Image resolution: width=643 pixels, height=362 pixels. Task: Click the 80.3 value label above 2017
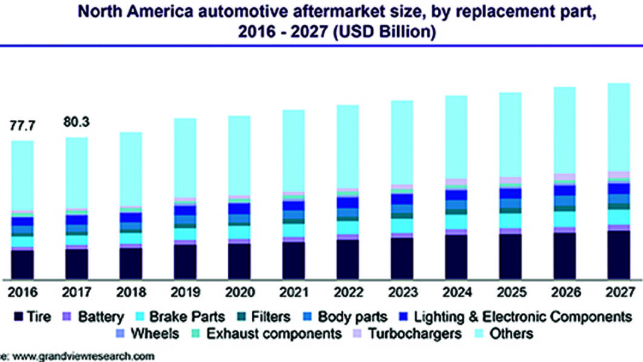click(x=76, y=122)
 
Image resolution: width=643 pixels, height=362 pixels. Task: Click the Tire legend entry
click(x=33, y=316)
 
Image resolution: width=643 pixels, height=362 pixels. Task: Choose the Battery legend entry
click(x=94, y=316)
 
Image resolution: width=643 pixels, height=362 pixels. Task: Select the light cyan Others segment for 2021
click(x=293, y=151)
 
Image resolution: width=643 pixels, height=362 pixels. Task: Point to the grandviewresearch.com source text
click(x=79, y=357)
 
